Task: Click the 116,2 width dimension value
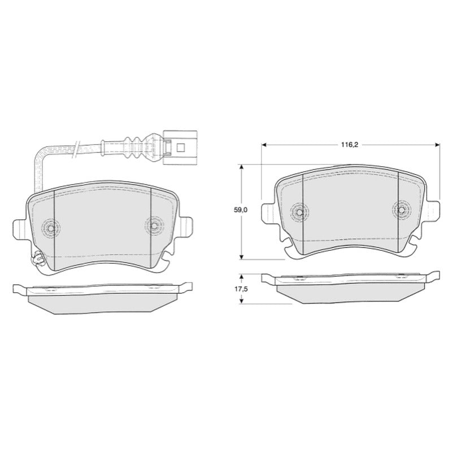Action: (349, 145)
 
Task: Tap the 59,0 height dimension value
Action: (241, 210)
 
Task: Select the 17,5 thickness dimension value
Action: (241, 289)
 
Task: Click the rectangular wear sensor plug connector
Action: (180, 148)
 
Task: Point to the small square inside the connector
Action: (180, 148)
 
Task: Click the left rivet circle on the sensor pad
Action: (51, 229)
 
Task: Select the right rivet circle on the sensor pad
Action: (154, 225)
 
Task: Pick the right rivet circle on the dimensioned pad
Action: (401, 210)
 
